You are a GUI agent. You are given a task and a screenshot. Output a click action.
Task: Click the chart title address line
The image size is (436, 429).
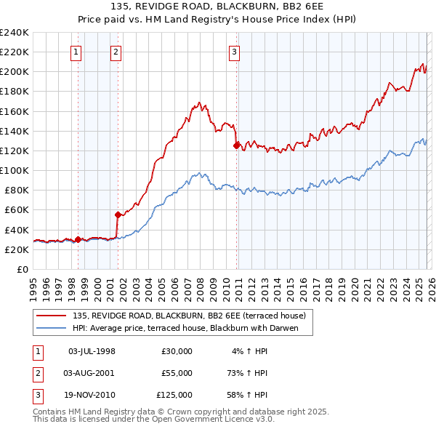click(x=218, y=7)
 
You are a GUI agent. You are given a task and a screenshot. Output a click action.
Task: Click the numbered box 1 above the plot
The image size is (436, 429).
click(x=76, y=52)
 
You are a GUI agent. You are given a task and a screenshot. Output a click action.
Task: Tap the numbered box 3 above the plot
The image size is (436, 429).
click(x=235, y=52)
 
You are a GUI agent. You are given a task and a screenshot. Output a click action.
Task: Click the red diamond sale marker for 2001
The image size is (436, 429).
click(x=117, y=214)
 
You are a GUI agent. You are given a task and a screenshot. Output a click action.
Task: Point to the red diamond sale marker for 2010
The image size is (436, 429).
click(x=236, y=145)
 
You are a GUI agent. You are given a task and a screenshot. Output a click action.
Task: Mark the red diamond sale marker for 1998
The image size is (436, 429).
click(x=78, y=239)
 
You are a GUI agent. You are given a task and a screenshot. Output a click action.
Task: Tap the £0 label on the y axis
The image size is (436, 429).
click(x=22, y=269)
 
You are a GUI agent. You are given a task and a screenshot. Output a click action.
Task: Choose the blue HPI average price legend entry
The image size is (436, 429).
click(x=192, y=329)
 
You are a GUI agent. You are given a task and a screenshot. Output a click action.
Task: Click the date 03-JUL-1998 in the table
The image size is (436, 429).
click(x=92, y=351)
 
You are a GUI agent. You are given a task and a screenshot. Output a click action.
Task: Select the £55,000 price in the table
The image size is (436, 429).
click(x=177, y=373)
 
